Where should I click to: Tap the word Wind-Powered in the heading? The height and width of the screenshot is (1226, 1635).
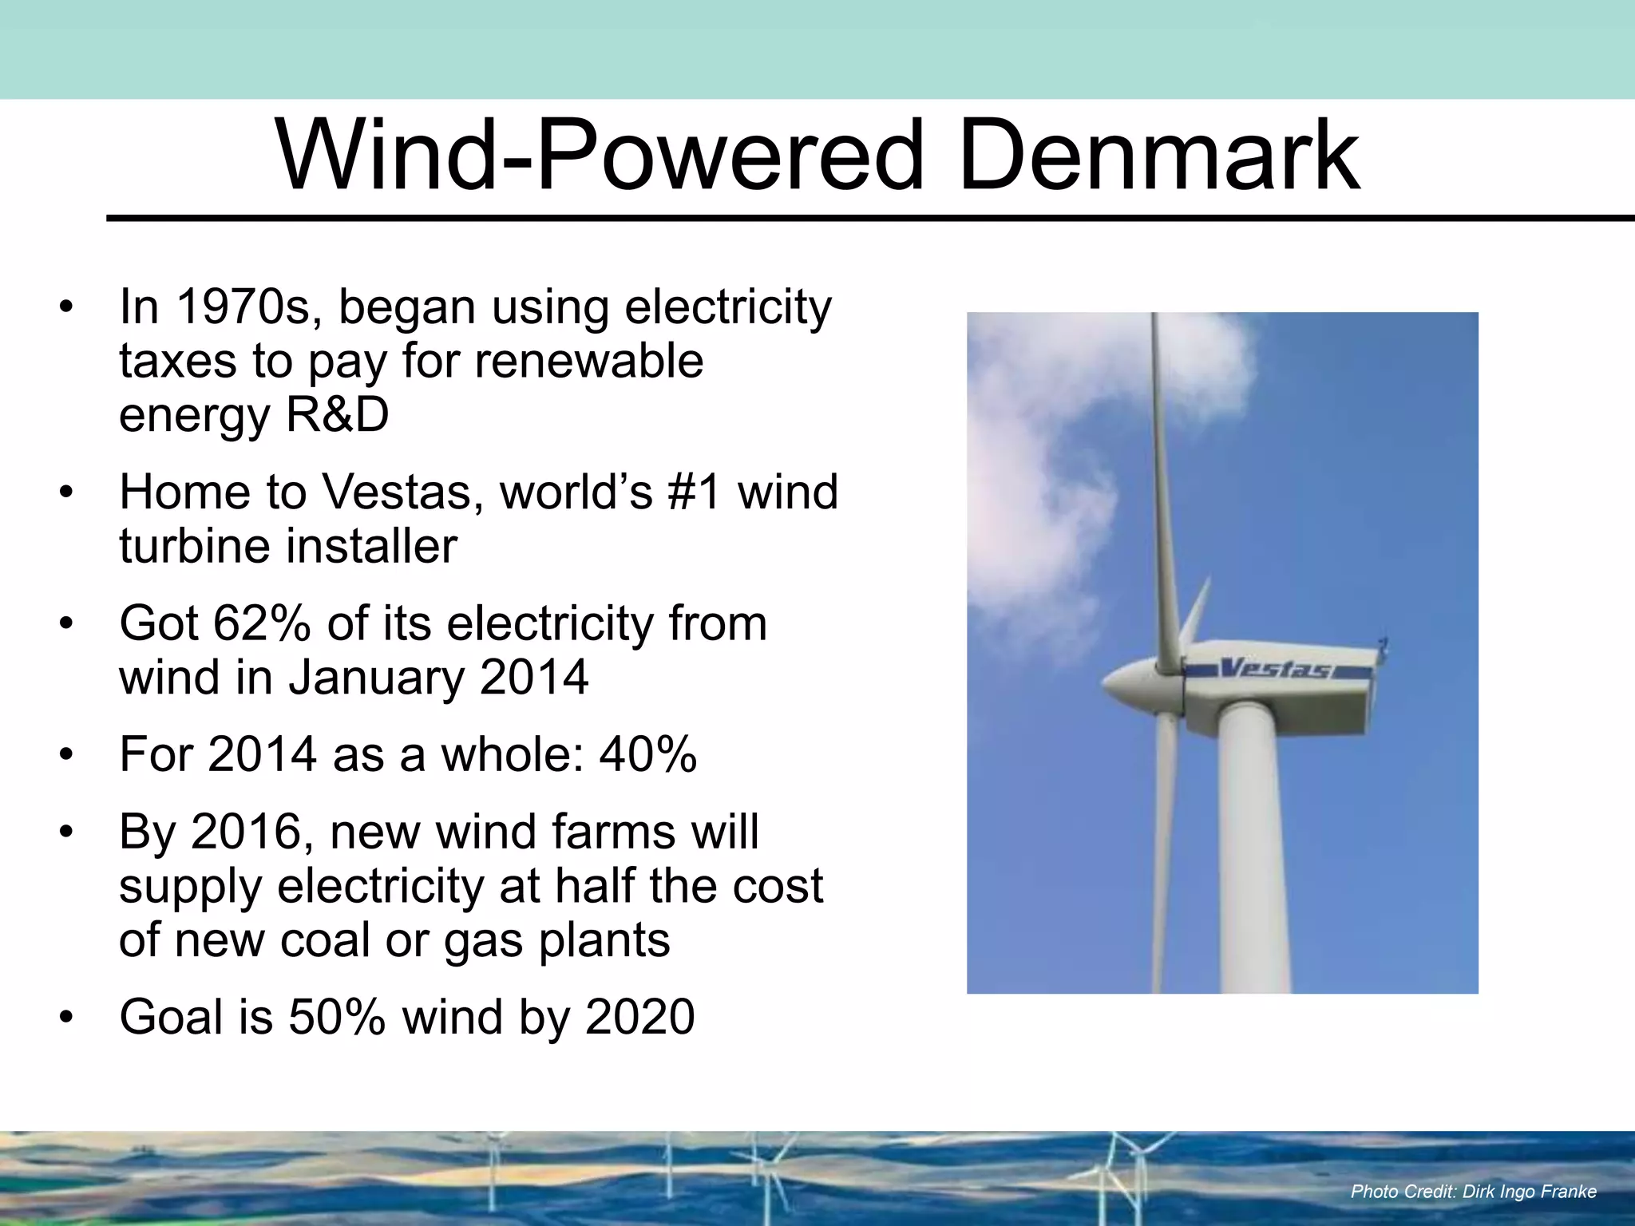coord(599,156)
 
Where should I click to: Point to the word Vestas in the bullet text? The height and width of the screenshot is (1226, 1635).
coord(402,492)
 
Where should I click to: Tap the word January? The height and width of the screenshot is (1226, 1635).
coord(375,678)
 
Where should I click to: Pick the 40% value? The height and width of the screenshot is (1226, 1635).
coord(647,754)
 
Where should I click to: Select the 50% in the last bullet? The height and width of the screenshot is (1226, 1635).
coord(336,1017)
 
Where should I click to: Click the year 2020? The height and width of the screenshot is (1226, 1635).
coord(639,1017)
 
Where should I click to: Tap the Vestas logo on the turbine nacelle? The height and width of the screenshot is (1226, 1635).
coord(1275,668)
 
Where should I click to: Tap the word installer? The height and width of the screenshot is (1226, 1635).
coord(371,547)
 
